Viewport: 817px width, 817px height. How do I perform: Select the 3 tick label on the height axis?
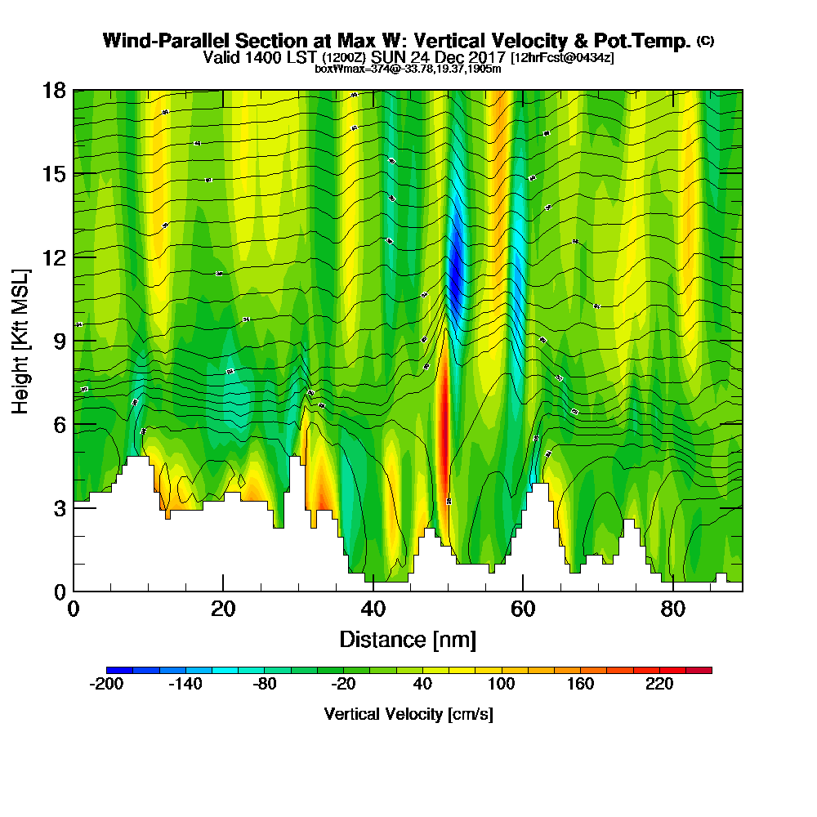click(x=58, y=507)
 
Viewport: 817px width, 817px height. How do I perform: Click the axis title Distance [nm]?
click(x=408, y=639)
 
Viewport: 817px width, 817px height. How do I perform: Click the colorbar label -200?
click(x=106, y=685)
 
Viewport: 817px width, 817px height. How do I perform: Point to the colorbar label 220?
click(x=659, y=685)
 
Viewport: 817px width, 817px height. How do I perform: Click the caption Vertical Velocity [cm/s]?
click(x=408, y=714)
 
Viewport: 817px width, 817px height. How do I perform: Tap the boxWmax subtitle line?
click(x=408, y=69)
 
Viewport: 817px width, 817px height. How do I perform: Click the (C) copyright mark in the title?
click(x=705, y=40)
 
